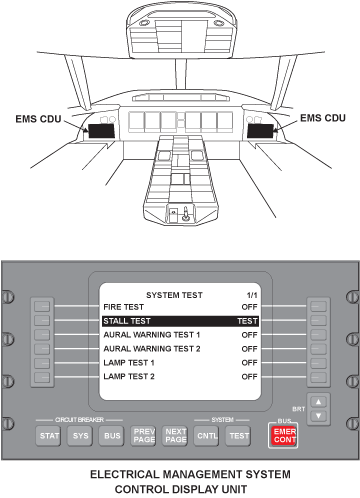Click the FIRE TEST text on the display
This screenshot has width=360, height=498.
(124, 306)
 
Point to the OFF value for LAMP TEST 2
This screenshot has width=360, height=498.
(249, 376)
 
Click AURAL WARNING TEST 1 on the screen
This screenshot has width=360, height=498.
(152, 334)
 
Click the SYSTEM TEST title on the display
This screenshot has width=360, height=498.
(174, 294)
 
